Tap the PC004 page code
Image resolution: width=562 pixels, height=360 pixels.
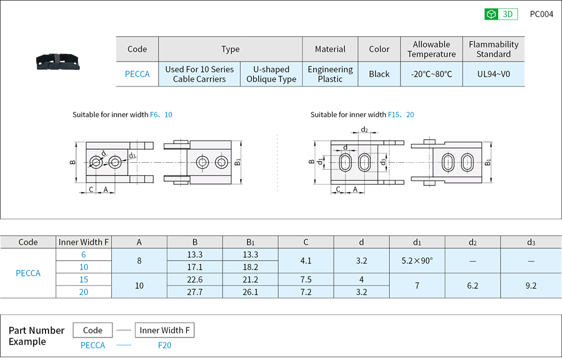(x=541, y=14)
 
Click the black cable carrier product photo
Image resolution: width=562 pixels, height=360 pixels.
(x=56, y=60)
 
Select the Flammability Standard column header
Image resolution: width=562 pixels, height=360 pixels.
(x=493, y=49)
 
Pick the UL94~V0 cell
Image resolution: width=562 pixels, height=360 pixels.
(x=493, y=74)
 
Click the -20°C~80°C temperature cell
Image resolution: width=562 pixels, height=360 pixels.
(x=431, y=74)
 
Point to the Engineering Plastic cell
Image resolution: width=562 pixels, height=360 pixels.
(x=330, y=74)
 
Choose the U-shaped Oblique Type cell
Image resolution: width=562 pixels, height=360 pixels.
(x=271, y=74)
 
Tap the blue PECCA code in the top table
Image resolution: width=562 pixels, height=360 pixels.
(x=137, y=74)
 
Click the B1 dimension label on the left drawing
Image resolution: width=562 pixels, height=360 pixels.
(x=237, y=162)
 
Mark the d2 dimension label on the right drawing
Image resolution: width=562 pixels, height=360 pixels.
(x=364, y=130)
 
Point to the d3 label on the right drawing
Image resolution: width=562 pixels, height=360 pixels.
(x=383, y=161)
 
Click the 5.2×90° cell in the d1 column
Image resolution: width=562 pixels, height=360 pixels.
(x=417, y=261)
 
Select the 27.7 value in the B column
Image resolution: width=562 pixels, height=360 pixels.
(x=195, y=292)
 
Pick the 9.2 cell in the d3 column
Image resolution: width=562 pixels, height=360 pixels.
(x=531, y=285)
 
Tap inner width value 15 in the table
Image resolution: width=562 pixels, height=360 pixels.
(x=83, y=279)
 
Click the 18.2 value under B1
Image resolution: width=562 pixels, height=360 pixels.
(x=250, y=267)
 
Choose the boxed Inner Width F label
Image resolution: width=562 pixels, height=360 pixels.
(x=164, y=330)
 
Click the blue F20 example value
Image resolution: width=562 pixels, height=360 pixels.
(x=164, y=345)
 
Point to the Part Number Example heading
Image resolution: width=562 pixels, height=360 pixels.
(x=36, y=336)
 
